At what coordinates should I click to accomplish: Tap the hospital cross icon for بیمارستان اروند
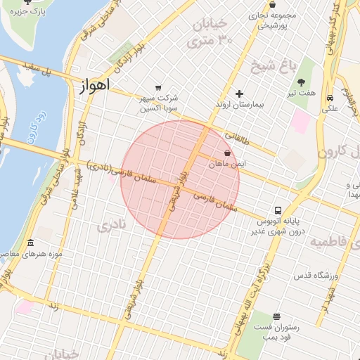(x=240, y=94)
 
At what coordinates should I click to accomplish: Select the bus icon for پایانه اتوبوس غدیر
(x=278, y=210)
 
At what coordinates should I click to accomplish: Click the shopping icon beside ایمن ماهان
(x=227, y=153)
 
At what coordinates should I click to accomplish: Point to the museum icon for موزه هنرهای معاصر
(x=30, y=243)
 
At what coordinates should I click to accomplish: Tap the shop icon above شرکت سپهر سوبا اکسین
(x=159, y=87)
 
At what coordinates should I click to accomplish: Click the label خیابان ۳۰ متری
(x=209, y=33)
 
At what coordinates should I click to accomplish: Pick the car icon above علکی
(x=330, y=98)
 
